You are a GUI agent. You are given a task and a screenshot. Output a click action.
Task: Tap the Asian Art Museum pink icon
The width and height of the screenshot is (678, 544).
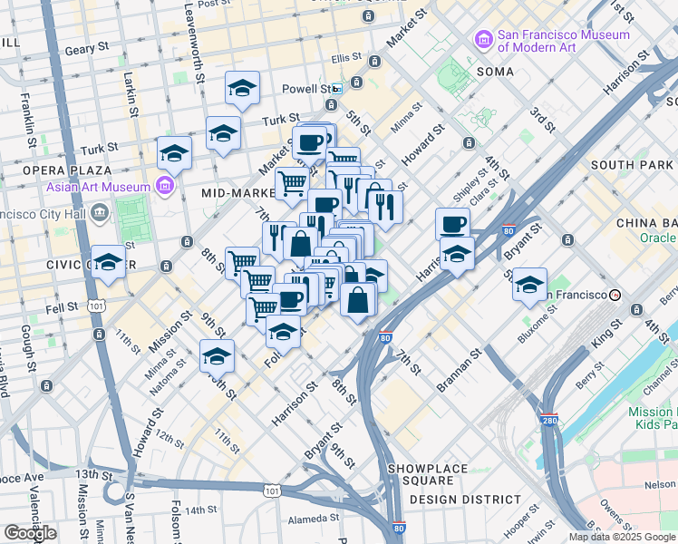pyautogui.click(x=164, y=187)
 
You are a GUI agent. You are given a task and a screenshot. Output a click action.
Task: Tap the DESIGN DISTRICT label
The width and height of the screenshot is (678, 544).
pyautogui.click(x=465, y=499)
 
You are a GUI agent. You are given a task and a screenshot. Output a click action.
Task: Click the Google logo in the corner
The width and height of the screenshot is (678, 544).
pyautogui.click(x=30, y=533)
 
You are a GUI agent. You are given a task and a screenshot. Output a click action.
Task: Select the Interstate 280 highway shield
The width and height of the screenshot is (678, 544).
pyautogui.click(x=550, y=419)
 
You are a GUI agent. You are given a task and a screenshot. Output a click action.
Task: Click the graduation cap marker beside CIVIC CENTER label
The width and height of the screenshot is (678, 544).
pyautogui.click(x=109, y=263)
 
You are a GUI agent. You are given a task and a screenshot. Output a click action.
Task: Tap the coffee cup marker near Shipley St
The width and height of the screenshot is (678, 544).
pyautogui.click(x=453, y=223)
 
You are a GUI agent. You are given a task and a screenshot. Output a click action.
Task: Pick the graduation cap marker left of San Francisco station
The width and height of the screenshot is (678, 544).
pyautogui.click(x=529, y=285)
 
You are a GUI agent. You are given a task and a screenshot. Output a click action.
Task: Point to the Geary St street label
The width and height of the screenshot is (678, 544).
pyautogui.click(x=87, y=45)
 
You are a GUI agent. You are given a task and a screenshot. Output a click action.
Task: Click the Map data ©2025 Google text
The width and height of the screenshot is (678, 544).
pyautogui.click(x=623, y=537)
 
